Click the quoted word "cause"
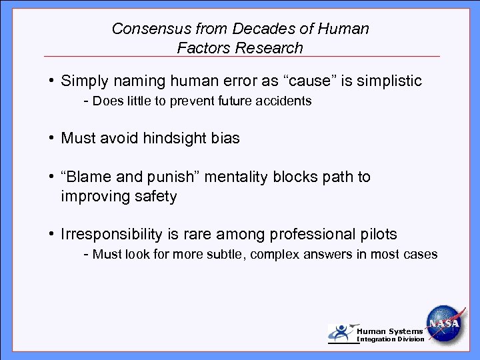311,81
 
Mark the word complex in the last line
276,254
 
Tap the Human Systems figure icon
341,333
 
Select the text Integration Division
391,339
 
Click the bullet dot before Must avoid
51,139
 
